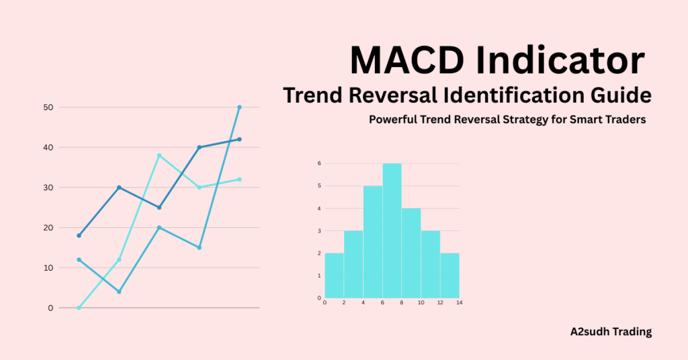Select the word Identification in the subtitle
coord(513,95)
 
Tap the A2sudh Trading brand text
coord(610,331)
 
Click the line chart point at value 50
coord(239,107)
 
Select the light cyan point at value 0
coord(79,308)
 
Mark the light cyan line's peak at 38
coord(159,155)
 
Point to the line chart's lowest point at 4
coord(119,291)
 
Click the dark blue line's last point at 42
coord(239,139)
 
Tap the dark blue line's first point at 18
coord(79,236)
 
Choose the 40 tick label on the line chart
coord(48,147)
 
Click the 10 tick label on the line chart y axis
coord(48,267)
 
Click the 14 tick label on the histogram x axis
coord(460,304)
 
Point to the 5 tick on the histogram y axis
coord(319,186)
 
